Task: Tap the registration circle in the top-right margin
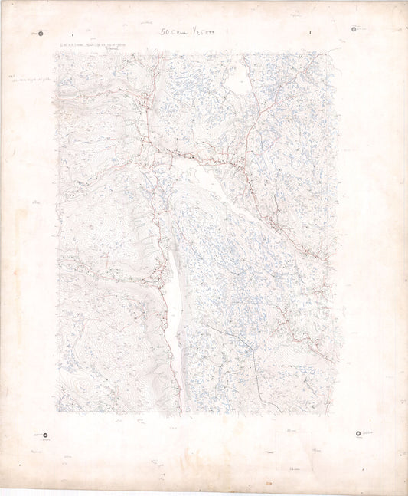[354, 29]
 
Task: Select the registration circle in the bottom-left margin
[44, 435]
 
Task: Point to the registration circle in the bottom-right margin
[358, 435]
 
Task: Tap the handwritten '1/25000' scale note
[198, 33]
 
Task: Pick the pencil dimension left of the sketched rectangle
[269, 452]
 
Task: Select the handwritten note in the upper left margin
[31, 78]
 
